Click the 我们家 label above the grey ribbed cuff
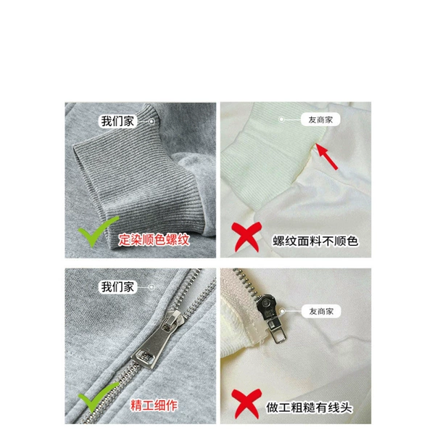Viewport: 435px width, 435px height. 117,121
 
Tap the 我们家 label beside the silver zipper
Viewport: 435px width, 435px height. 117,287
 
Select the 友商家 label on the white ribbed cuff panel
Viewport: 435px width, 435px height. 320,120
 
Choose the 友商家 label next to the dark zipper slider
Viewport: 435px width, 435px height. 321,311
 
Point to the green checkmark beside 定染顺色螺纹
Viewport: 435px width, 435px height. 98,231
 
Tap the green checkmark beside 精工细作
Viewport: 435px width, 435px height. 98,397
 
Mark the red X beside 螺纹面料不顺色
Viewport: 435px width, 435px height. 246,236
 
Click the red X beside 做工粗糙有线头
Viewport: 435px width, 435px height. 246,403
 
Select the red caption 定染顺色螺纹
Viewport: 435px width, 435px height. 154,240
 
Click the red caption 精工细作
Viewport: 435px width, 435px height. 154,405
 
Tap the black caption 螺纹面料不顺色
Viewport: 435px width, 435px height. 315,241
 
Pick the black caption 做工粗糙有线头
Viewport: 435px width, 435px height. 309,407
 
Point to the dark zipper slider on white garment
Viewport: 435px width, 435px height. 266,307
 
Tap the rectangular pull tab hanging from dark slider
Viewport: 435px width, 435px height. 278,331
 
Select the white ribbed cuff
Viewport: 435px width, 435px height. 270,155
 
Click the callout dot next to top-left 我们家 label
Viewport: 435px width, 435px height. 152,122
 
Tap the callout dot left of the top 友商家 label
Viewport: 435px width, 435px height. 281,120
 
